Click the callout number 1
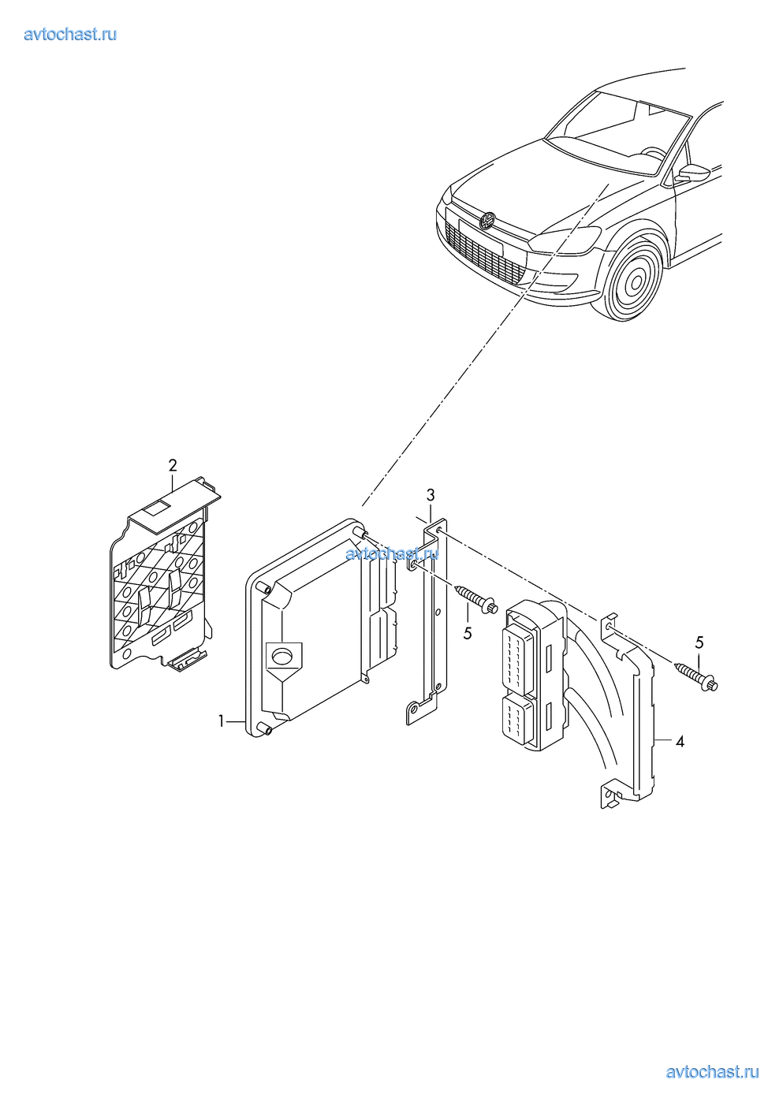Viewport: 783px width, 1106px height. [222, 721]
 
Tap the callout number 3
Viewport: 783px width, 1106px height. [431, 494]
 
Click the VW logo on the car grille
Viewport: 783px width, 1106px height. [487, 220]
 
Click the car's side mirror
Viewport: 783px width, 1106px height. [695, 173]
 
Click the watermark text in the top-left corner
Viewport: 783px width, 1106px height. [70, 35]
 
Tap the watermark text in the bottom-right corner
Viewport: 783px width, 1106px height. [712, 1072]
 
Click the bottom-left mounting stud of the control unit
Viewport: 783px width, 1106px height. [264, 728]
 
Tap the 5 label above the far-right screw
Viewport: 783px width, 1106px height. [699, 642]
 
